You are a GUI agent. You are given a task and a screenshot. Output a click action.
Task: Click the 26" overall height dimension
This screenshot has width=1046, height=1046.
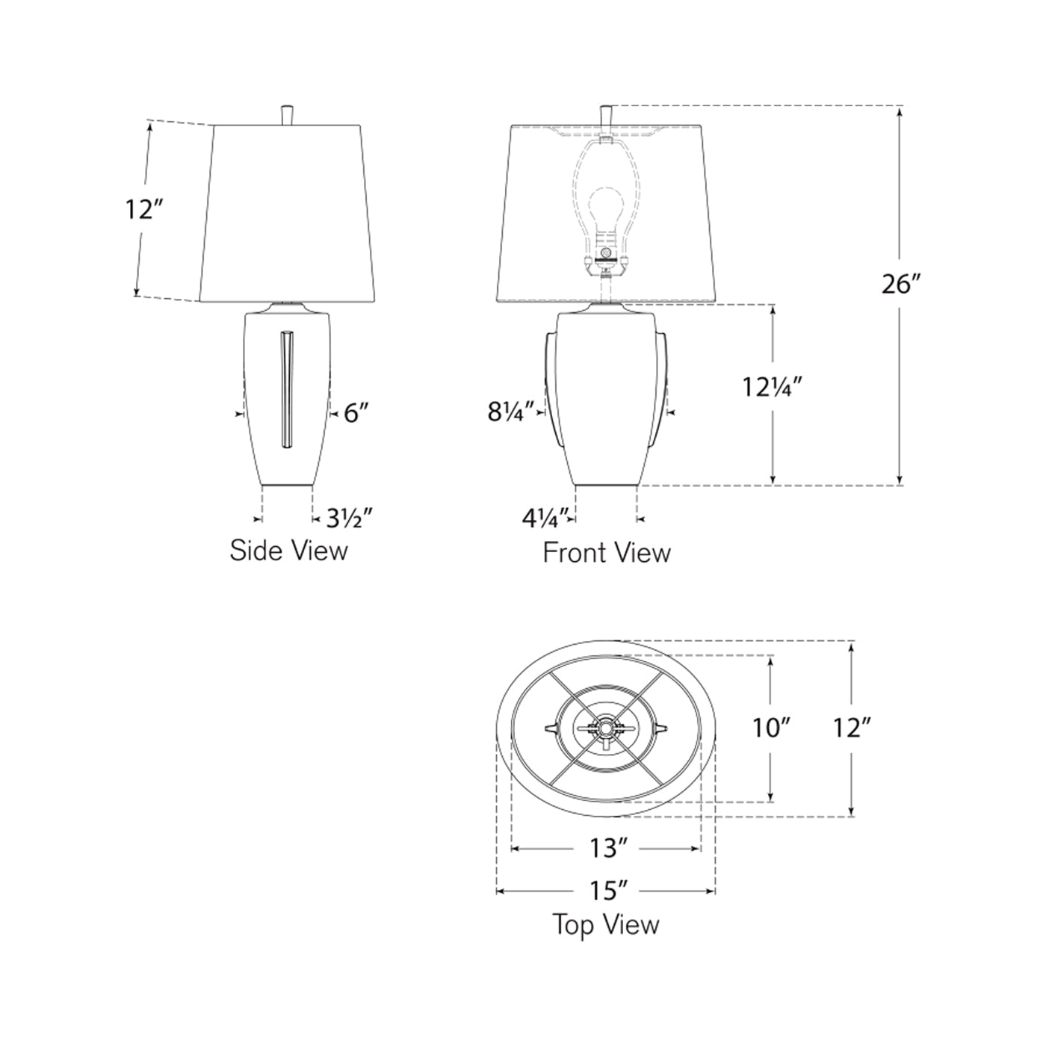pyautogui.click(x=900, y=285)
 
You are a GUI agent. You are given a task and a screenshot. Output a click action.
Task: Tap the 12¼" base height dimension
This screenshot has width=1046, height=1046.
pyautogui.click(x=772, y=388)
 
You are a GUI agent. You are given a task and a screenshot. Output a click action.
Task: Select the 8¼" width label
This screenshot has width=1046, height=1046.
pyautogui.click(x=512, y=412)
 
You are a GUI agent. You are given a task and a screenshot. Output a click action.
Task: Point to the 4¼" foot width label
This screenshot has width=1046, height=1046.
pyautogui.click(x=545, y=516)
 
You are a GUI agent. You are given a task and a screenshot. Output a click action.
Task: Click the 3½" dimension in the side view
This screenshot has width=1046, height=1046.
pyautogui.click(x=348, y=517)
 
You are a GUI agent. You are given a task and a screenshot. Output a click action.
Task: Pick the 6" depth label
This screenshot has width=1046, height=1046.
pyautogui.click(x=356, y=412)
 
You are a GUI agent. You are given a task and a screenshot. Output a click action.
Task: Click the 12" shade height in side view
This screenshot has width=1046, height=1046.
pyautogui.click(x=139, y=210)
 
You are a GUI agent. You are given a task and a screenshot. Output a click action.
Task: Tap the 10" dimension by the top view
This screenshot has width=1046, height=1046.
pyautogui.click(x=771, y=727)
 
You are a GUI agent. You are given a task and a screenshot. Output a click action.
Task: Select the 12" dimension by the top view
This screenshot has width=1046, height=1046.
pyautogui.click(x=852, y=727)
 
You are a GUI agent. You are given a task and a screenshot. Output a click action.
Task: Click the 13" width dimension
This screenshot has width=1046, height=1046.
pyautogui.click(x=607, y=848)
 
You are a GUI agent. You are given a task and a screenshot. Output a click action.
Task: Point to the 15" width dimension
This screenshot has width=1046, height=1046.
pyautogui.click(x=607, y=891)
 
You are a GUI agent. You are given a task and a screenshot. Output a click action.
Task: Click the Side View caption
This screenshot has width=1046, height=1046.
pyautogui.click(x=288, y=551)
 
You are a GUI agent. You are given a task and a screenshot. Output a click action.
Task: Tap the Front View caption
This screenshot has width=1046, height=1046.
pyautogui.click(x=607, y=553)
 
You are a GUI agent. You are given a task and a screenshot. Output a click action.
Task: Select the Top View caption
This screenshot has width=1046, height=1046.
pyautogui.click(x=606, y=924)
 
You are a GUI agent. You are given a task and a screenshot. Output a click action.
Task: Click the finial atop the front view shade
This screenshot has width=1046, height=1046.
pyautogui.click(x=607, y=116)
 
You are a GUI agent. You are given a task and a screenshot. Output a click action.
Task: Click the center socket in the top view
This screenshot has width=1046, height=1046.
pyautogui.click(x=605, y=727)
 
